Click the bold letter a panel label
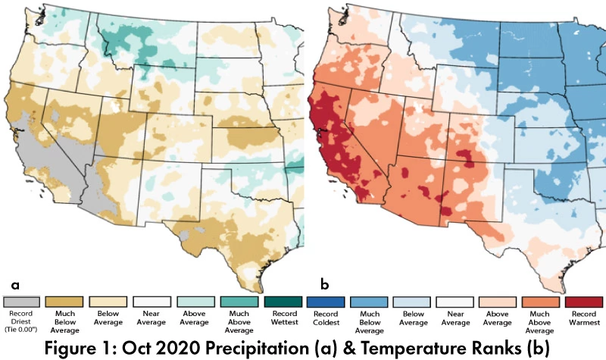tap(14, 284)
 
